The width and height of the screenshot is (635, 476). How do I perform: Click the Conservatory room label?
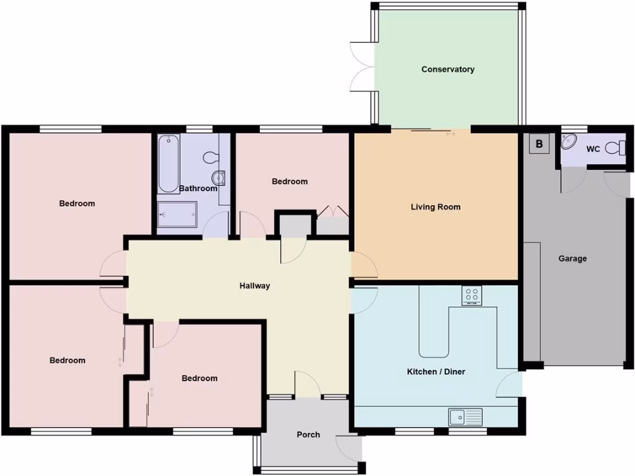(448, 69)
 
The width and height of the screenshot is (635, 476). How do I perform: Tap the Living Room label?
(435, 207)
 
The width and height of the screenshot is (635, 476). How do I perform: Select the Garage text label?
(572, 259)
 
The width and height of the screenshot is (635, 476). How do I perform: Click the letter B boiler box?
(539, 145)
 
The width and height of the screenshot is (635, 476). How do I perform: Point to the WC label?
(593, 149)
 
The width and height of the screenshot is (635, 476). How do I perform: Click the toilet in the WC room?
(615, 148)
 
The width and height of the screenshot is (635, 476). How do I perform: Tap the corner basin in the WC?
(569, 142)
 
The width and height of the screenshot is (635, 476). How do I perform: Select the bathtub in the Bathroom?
(168, 164)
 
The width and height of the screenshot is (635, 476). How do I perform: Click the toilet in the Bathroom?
(211, 157)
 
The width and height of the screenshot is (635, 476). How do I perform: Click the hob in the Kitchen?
(472, 295)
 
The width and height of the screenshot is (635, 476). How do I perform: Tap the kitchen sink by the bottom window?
(465, 416)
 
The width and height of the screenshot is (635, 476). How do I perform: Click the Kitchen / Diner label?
(436, 372)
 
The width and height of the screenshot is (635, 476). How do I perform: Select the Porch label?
(308, 434)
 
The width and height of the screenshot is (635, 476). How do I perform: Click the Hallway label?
(255, 286)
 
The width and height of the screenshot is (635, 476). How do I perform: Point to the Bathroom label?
(198, 188)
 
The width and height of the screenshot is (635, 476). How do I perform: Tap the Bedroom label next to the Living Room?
(290, 182)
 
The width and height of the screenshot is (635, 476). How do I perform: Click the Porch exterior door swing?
(347, 447)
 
